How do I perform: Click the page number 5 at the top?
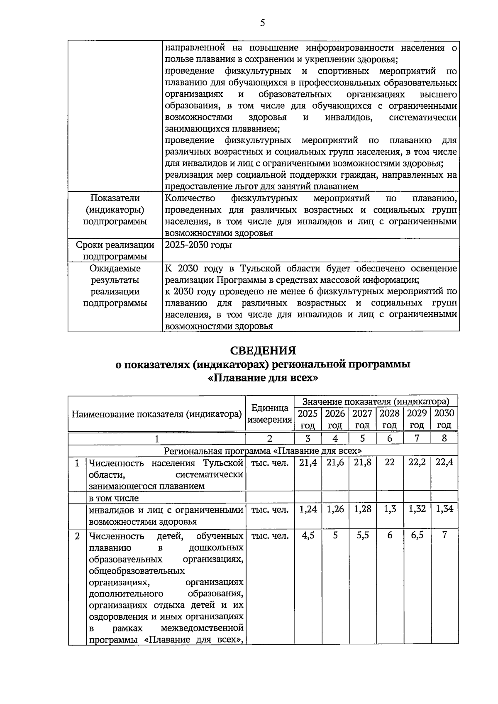tap(262, 23)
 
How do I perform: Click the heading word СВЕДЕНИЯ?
tap(263, 351)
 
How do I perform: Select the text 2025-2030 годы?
tap(198, 245)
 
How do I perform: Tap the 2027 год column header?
tap(362, 419)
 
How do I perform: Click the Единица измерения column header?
tap(270, 413)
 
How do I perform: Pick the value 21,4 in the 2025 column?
tap(308, 462)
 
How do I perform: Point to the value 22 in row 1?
tap(389, 462)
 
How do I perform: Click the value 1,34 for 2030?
tap(444, 509)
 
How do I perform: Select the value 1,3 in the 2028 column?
tap(389, 509)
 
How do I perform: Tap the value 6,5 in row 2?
tap(417, 535)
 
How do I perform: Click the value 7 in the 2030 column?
tap(444, 535)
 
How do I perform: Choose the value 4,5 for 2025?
tap(308, 535)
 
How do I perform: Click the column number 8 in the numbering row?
tap(444, 438)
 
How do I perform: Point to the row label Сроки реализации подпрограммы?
tap(115, 251)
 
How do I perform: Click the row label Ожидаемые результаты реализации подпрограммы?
tap(115, 286)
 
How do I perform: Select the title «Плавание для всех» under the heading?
tap(263, 378)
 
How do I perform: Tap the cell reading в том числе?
tap(114, 498)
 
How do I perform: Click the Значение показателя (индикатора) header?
tap(376, 401)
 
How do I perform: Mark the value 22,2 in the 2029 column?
tap(417, 462)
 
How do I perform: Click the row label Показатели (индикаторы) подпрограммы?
tap(115, 210)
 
